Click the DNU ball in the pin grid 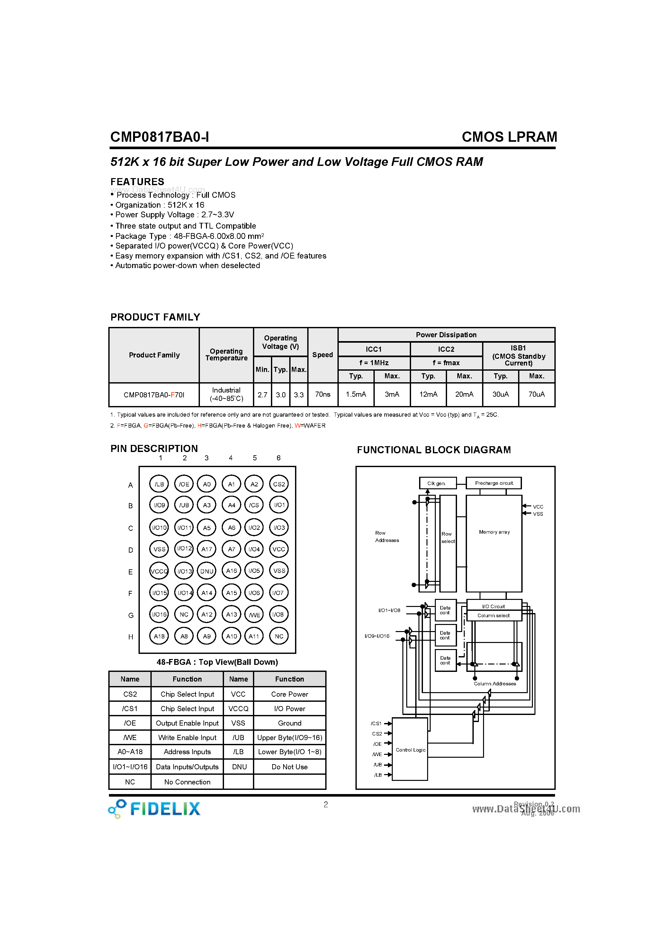[207, 571]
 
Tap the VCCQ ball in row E [159, 571]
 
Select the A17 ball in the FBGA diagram [207, 549]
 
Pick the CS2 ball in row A [279, 484]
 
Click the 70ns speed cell [323, 394]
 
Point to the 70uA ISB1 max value [536, 394]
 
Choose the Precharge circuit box [494, 483]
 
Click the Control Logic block [410, 749]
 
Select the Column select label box [494, 615]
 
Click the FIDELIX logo [155, 809]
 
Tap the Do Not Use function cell [290, 767]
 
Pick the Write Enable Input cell [187, 737]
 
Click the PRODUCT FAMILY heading [155, 317]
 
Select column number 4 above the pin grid [231, 458]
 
